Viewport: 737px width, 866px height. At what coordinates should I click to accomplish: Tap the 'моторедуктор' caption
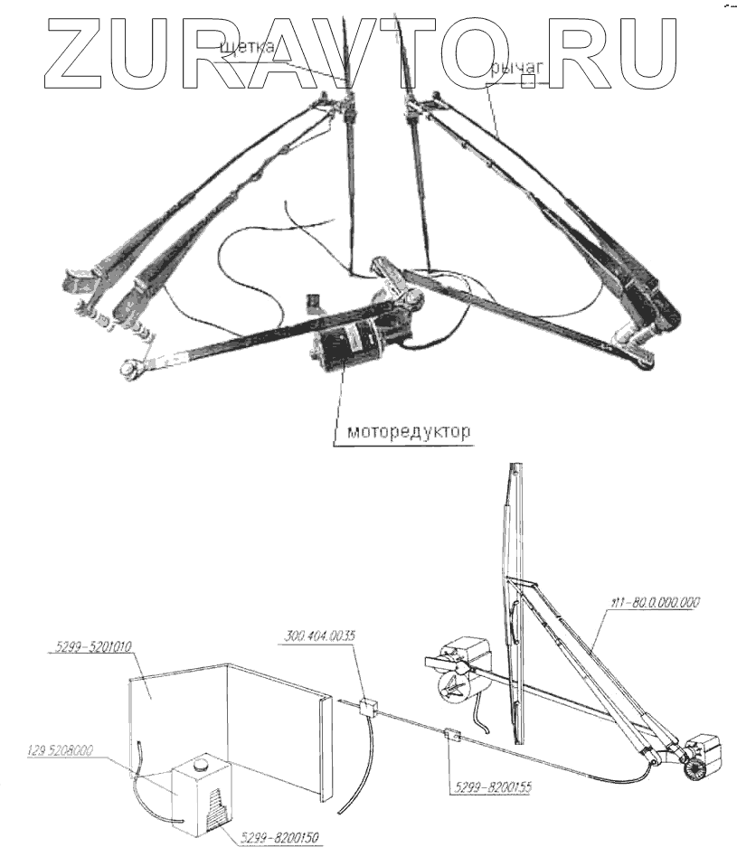408,432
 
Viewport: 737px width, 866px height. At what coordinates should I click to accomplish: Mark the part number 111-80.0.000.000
651,602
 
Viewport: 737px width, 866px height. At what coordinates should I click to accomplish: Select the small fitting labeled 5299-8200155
452,736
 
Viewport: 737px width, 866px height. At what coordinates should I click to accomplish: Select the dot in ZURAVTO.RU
539,80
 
